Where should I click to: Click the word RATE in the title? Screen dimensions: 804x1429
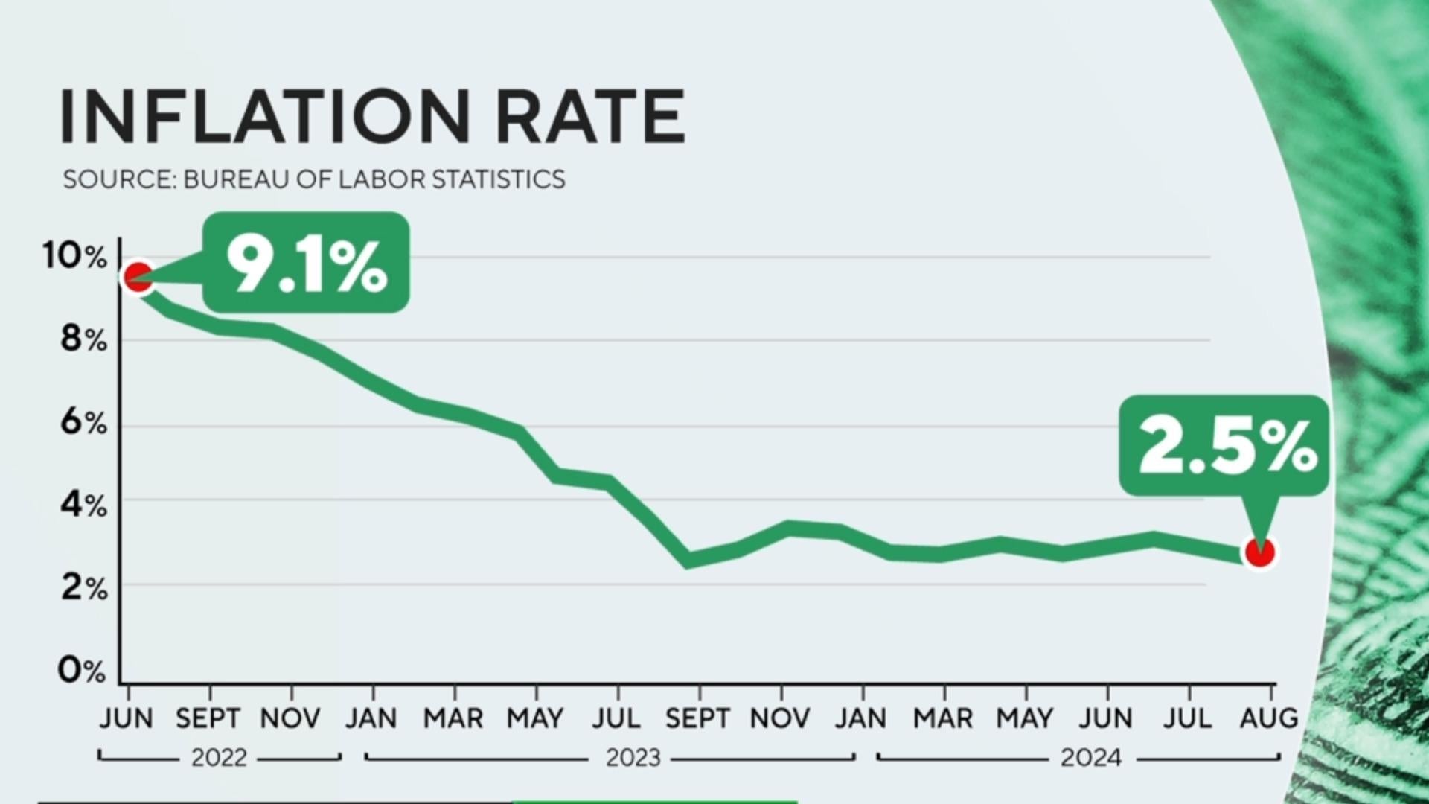pos(589,116)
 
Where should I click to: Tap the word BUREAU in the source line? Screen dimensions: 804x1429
pos(236,179)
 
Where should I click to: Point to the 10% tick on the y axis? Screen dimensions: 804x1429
pos(74,256)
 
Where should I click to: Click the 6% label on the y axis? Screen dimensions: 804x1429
pos(83,423)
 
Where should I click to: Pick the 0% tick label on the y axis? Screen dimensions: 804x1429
pos(82,671)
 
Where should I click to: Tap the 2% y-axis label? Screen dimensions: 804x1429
pos(84,589)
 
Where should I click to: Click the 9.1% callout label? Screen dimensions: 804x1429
pos(306,264)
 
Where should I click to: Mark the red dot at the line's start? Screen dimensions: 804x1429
pos(138,278)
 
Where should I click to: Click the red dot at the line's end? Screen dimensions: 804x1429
pos(1259,552)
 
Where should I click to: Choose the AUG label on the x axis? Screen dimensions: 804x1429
pos(1268,718)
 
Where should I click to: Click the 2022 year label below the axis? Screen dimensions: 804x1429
pos(219,758)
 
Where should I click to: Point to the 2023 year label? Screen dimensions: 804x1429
pos(633,758)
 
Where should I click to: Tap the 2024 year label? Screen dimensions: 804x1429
pos(1090,758)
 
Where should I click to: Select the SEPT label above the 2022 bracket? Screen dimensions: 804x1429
pos(208,718)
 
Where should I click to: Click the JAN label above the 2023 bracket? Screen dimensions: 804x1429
pos(371,718)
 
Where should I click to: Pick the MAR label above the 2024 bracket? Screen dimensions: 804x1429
pos(943,718)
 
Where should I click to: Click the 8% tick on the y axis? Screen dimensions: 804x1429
pos(83,339)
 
